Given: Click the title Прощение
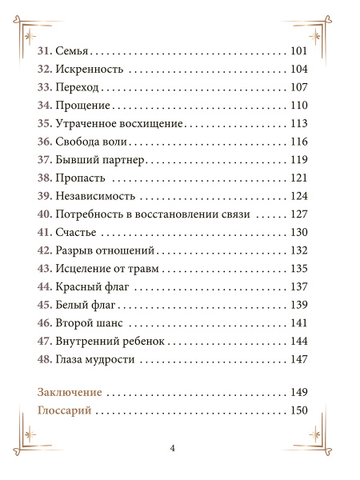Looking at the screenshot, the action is point(83,106).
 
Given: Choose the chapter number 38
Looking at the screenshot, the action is point(45,177).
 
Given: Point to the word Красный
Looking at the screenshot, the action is point(80,286).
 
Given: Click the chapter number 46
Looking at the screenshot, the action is point(45,322).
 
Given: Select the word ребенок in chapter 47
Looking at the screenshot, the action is point(142,340).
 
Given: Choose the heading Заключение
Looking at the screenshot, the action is point(70,393).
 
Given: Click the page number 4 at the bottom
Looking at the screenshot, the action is point(173,447).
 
